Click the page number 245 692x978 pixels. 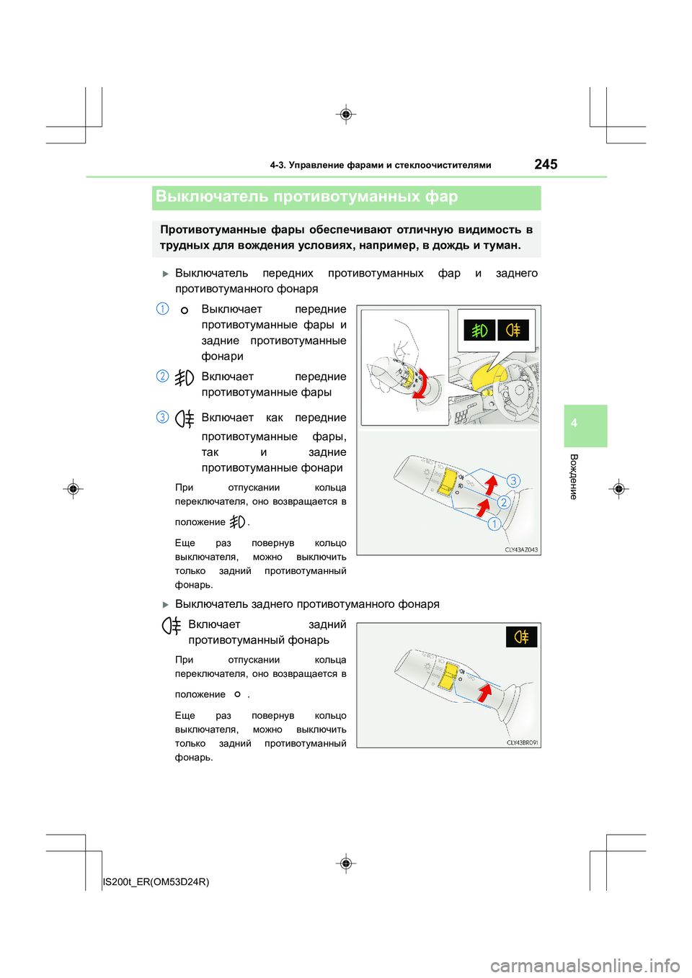coord(546,164)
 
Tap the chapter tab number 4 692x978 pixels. coord(574,423)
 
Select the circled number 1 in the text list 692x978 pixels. coord(163,309)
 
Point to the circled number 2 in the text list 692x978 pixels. coord(163,376)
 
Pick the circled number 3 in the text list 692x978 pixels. coord(163,417)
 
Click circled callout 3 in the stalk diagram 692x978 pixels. coord(513,480)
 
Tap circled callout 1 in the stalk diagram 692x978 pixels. coord(494,524)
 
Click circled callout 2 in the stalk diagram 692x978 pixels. coord(504,502)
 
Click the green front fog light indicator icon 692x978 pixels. coord(479,330)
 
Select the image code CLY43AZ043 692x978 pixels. coord(521,549)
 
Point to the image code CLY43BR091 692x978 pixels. coord(522,743)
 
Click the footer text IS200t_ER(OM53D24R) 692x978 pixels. coord(156,881)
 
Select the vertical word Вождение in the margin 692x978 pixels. coord(574,476)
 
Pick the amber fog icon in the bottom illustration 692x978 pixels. coord(521,637)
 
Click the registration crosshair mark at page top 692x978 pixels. coord(346,115)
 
